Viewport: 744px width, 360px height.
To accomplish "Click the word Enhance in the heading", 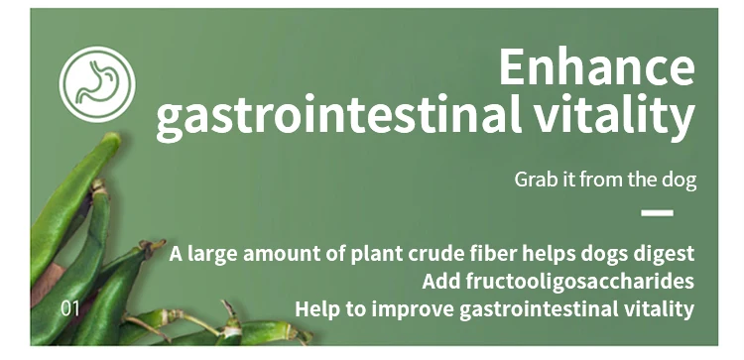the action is (x=597, y=67).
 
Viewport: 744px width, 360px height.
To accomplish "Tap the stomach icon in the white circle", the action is (x=97, y=84).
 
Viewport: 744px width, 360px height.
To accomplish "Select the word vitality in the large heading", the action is (x=614, y=115).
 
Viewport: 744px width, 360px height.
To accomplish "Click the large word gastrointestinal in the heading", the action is (x=339, y=115).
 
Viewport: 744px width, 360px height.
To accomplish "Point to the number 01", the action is (x=70, y=308).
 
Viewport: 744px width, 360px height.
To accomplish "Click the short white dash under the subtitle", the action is (x=657, y=213).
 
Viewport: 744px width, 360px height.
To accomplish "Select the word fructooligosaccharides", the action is (x=580, y=282).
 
